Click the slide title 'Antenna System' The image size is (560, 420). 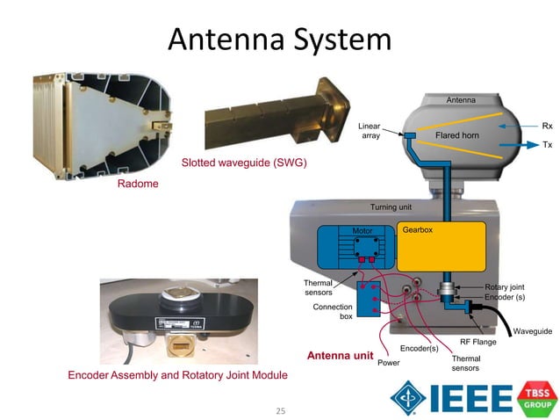click(279, 40)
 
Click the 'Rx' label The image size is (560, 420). click(547, 127)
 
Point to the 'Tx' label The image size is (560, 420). click(547, 144)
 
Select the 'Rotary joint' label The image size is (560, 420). click(506, 287)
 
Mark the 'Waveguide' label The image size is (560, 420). click(532, 331)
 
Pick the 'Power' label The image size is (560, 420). click(388, 362)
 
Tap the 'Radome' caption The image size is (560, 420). click(138, 184)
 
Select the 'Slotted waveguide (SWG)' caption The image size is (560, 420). click(244, 163)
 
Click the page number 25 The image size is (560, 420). click(281, 409)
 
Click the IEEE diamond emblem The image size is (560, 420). click(407, 397)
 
